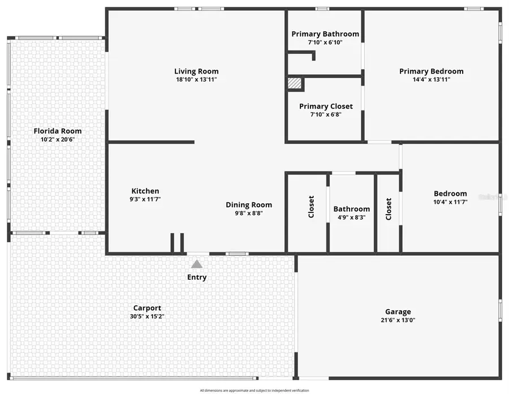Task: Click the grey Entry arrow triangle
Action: tap(197, 264)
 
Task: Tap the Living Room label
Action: tap(196, 71)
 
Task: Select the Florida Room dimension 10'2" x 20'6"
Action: tap(58, 139)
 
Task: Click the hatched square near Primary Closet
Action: tap(295, 83)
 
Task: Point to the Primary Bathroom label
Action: tap(325, 34)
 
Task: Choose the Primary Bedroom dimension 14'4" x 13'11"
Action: tap(432, 79)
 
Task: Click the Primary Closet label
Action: tap(326, 106)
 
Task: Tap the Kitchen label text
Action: tap(145, 191)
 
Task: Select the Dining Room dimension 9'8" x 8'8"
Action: tap(249, 213)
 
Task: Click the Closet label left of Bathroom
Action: tap(311, 207)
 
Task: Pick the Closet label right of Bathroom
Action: tap(389, 208)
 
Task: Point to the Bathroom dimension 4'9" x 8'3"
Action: tap(352, 217)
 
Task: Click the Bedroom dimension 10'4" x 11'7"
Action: tap(450, 202)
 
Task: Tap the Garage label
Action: tap(398, 311)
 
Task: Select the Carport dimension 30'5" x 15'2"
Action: tap(147, 316)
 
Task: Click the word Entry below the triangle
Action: tap(197, 277)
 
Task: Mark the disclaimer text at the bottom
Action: tap(255, 390)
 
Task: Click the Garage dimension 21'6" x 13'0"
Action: tap(398, 320)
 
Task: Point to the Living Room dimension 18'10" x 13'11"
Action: tap(196, 80)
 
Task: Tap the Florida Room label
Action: tap(58, 131)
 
